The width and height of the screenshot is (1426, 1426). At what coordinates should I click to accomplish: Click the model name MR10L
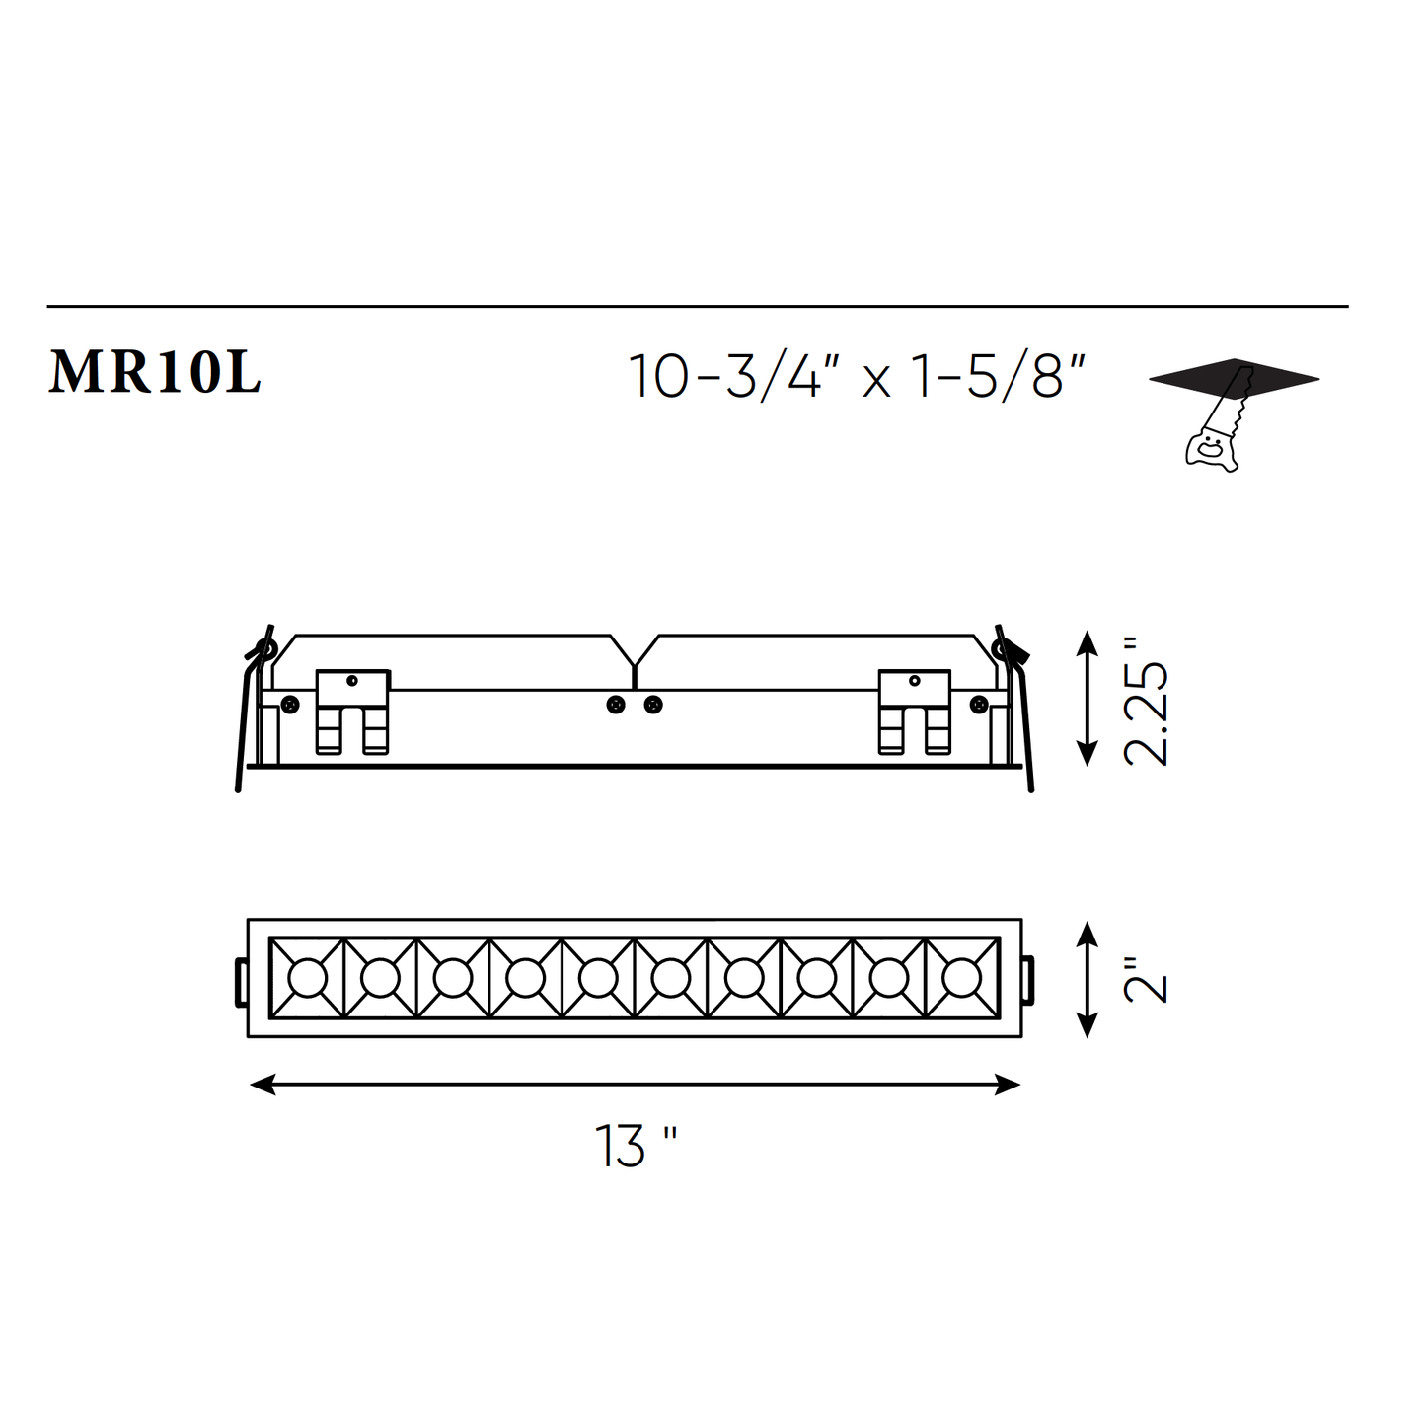coord(154,373)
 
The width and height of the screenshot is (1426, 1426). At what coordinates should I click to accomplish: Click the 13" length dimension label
coord(635,1146)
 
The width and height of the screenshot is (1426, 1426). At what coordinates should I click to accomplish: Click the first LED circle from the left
coord(307,978)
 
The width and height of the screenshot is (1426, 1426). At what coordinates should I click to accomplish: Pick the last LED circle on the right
coord(962,978)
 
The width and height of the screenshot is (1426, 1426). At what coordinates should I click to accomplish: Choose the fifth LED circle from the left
coord(598,978)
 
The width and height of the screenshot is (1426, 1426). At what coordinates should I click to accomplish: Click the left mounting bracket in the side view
coord(352,711)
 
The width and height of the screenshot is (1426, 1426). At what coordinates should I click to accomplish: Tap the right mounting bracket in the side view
coord(915,711)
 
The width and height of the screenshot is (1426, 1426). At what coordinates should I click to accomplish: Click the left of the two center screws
coord(616,705)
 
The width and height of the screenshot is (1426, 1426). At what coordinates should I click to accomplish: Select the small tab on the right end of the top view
coord(1029,980)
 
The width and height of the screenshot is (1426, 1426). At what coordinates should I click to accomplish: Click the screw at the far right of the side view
coord(979,704)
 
